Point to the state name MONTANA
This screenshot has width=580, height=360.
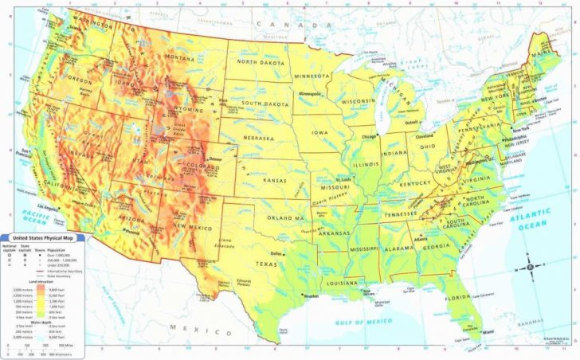[182, 59]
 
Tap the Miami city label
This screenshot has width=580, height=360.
[487, 331]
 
